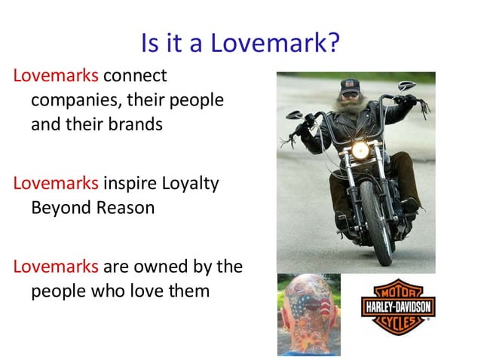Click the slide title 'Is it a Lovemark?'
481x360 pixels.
pos(240,43)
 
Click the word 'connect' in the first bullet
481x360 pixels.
pos(135,76)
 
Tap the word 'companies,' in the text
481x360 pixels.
pos(66,100)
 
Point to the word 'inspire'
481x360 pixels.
pos(127,183)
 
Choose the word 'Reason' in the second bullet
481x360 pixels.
pos(125,207)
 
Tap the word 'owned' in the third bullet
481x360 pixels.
pos(154,266)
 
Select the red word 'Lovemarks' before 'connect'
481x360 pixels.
pos(57,76)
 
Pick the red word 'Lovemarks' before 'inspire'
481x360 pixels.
pos(57,183)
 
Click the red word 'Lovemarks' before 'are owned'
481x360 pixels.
pos(57,266)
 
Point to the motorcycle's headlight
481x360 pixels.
pos(360,150)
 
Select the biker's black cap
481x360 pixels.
pos(350,86)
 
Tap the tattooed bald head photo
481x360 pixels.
pos(308,315)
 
